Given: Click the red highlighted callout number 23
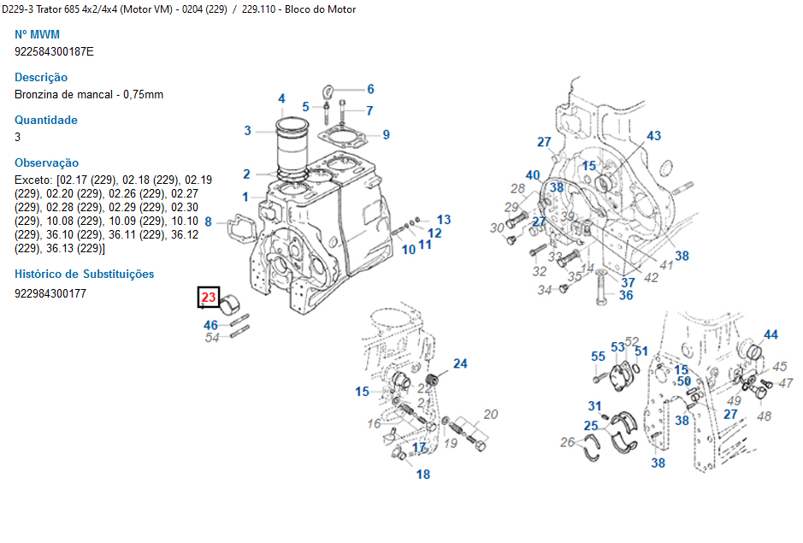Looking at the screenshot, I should [210, 298].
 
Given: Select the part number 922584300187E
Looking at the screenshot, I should [55, 51].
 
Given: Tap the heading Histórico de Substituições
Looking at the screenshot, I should [85, 274].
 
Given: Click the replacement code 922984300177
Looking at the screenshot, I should [50, 293].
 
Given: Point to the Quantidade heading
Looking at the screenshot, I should [46, 121].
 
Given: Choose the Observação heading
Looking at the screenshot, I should [47, 163].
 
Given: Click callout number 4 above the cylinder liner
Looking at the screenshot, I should [281, 99].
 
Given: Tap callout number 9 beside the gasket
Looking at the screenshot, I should [386, 134].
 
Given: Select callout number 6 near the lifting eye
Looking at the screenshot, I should [370, 89].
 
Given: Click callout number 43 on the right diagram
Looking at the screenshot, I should [653, 136].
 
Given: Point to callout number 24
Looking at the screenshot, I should [460, 363].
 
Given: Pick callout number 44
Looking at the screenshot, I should [771, 334].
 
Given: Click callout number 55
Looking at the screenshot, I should [598, 357].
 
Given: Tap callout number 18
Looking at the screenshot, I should [423, 475].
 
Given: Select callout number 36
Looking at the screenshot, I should [626, 295].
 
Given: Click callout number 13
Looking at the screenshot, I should [443, 220].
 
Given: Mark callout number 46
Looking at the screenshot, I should [210, 325].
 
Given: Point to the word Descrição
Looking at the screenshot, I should [41, 78].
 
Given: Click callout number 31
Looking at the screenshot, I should [594, 405].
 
